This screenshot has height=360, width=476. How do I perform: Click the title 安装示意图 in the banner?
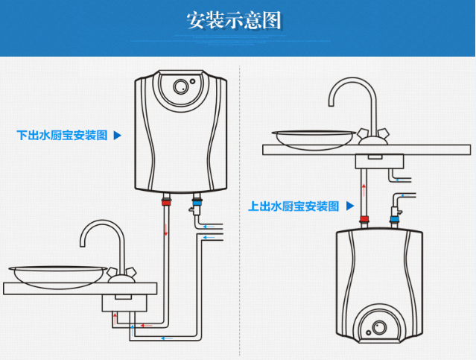pyautogui.click(x=234, y=21)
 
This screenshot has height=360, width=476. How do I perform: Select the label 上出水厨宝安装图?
pyautogui.click(x=293, y=206)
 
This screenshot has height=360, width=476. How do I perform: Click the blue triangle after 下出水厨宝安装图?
pyautogui.click(x=117, y=135)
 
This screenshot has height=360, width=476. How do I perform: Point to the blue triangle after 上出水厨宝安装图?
pyautogui.click(x=348, y=206)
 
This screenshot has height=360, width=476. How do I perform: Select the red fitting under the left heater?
pyautogui.click(x=165, y=199)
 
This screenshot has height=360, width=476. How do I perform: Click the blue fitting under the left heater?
pyautogui.click(x=197, y=199)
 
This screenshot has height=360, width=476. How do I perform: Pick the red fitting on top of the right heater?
pyautogui.click(x=364, y=220)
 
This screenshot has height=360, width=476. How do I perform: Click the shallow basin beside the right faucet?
pyautogui.click(x=314, y=137)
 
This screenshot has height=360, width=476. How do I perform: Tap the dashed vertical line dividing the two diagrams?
pyautogui.click(x=239, y=209)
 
